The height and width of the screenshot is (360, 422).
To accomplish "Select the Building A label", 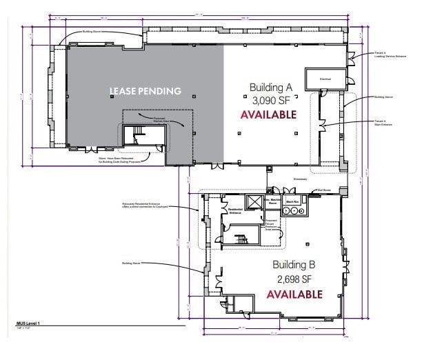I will (x=271, y=87).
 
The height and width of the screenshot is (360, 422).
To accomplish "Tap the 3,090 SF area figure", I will (x=270, y=99).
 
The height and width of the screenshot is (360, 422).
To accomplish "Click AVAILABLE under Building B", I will (x=294, y=294).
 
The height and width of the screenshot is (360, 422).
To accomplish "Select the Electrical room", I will (x=324, y=79).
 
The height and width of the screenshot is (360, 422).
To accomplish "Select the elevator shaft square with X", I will (x=254, y=202).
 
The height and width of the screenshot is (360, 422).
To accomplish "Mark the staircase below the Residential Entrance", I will (x=239, y=239).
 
